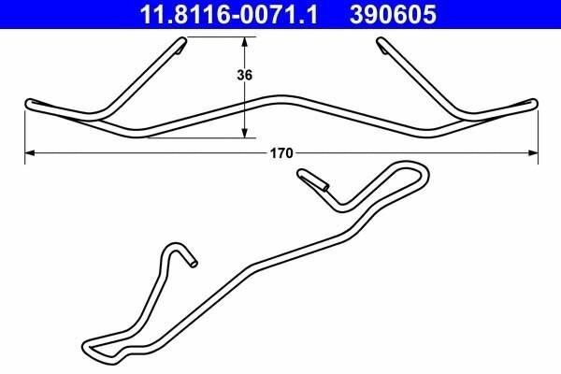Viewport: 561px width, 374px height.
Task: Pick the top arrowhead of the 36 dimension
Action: pos(246,41)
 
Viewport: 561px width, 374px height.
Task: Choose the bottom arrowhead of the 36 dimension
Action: pos(246,133)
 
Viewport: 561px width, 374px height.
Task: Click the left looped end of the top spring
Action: pos(29,103)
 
